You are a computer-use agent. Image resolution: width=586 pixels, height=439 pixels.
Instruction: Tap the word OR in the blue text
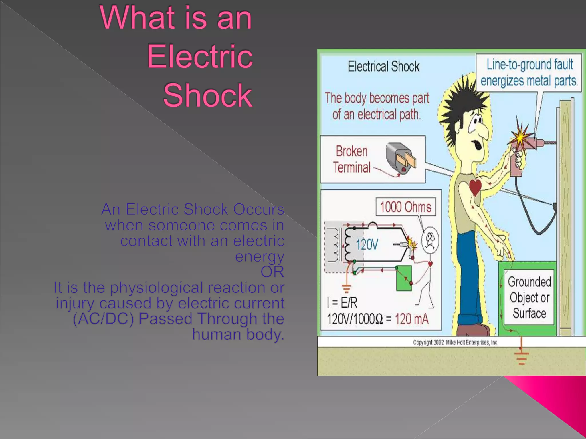point(272,272)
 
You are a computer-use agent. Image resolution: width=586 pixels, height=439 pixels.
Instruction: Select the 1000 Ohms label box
point(405,207)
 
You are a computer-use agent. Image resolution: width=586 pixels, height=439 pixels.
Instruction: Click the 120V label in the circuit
point(367,245)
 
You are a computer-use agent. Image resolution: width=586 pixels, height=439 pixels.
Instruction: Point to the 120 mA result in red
point(411,319)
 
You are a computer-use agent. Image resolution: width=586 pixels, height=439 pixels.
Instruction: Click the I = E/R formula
point(342,303)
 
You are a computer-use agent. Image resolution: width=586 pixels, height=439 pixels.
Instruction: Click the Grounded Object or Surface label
point(529,298)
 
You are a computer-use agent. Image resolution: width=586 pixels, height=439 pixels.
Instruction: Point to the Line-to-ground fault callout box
point(529,73)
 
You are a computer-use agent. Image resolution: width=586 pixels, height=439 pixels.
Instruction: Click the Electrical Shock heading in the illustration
point(383,67)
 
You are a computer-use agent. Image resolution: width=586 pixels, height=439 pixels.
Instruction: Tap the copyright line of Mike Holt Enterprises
point(456,342)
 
